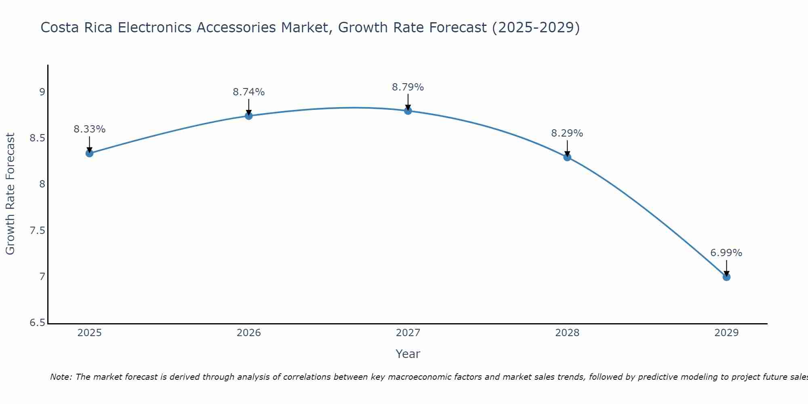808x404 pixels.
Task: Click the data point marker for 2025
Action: pyautogui.click(x=90, y=153)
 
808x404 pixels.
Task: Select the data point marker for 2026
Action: pyautogui.click(x=249, y=116)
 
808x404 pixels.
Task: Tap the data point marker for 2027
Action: pyautogui.click(x=408, y=111)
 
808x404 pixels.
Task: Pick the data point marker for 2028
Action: pyautogui.click(x=567, y=157)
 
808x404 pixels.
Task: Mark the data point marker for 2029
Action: pyautogui.click(x=726, y=277)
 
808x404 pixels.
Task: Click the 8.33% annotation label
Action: pyautogui.click(x=90, y=129)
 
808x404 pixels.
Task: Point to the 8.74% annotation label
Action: pyautogui.click(x=249, y=92)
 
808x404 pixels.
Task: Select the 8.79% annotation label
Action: pyautogui.click(x=408, y=87)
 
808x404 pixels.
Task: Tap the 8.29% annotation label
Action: pyautogui.click(x=567, y=133)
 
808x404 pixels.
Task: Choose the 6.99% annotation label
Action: pyautogui.click(x=726, y=253)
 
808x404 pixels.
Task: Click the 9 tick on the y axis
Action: pyautogui.click(x=42, y=92)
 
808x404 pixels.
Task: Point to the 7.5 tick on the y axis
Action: pyautogui.click(x=37, y=231)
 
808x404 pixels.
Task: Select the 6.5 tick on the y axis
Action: pyautogui.click(x=37, y=323)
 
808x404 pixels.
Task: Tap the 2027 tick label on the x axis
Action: pyautogui.click(x=408, y=333)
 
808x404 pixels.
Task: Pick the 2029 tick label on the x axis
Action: pyautogui.click(x=726, y=333)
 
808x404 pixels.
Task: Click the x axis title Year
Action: pyautogui.click(x=408, y=354)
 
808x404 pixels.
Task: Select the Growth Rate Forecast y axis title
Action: pyautogui.click(x=11, y=194)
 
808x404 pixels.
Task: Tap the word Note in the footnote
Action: pyautogui.click(x=61, y=377)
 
